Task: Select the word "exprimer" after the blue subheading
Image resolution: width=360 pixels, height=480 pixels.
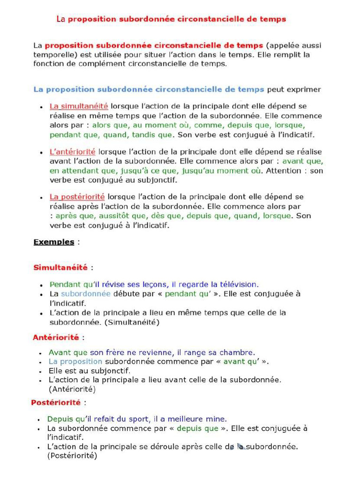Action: pyautogui.click(x=305, y=89)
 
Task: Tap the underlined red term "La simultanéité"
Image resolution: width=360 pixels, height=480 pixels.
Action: pyautogui.click(x=79, y=106)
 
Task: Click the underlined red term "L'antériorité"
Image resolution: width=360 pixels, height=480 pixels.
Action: pyautogui.click(x=73, y=152)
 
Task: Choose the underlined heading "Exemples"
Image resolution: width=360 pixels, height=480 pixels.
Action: pyautogui.click(x=53, y=242)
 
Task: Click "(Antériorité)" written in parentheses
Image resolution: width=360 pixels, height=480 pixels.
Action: pyautogui.click(x=72, y=389)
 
